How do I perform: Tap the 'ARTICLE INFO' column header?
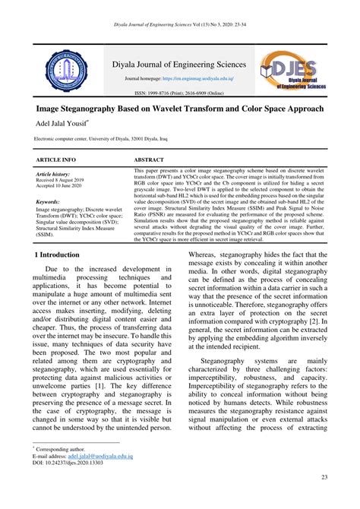click(x=56, y=160)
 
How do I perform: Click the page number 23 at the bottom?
click(x=324, y=476)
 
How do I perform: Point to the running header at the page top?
click(x=179, y=25)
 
